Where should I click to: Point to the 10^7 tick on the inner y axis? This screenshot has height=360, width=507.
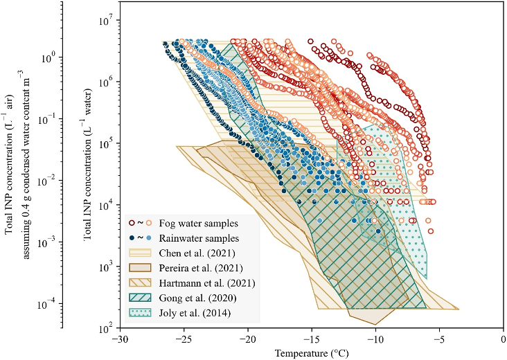(x=107, y=21)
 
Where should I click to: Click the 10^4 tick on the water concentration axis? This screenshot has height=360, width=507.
(x=107, y=205)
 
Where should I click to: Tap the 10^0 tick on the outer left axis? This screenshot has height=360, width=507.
(x=48, y=58)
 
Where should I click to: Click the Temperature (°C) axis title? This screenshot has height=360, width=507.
(x=312, y=354)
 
